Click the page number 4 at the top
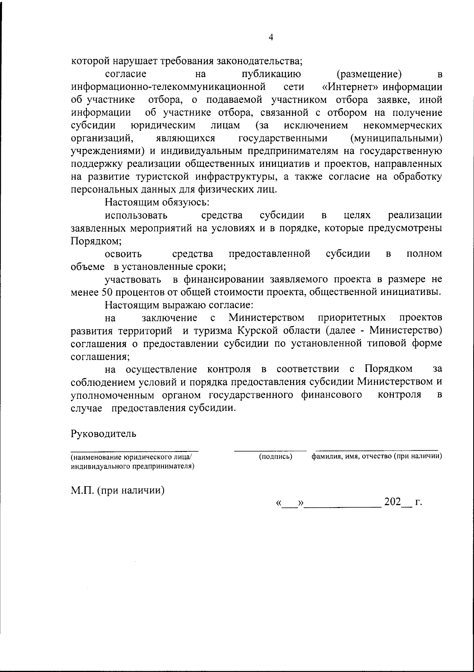(x=271, y=37)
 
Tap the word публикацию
(x=271, y=74)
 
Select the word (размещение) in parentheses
(x=369, y=74)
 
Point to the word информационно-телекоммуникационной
(x=168, y=87)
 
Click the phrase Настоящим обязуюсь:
(x=157, y=203)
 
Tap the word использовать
(x=136, y=216)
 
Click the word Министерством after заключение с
(x=266, y=317)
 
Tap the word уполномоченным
(x=114, y=395)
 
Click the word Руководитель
(x=103, y=434)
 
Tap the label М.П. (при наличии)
(x=118, y=491)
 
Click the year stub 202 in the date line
(x=392, y=503)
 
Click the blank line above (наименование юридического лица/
(x=134, y=450)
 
